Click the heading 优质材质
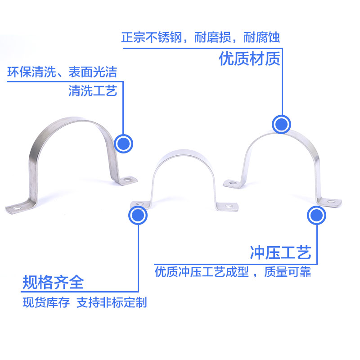click(249, 58)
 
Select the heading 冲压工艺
click(280, 253)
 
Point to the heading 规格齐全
click(53, 283)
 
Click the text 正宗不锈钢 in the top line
click(152, 37)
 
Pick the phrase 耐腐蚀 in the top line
click(261, 37)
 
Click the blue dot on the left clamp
click(123, 144)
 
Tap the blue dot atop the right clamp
click(282, 123)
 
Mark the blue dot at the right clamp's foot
click(316, 216)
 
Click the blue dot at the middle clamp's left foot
click(138, 216)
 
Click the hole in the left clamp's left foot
click(14, 209)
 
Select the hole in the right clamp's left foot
click(231, 183)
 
